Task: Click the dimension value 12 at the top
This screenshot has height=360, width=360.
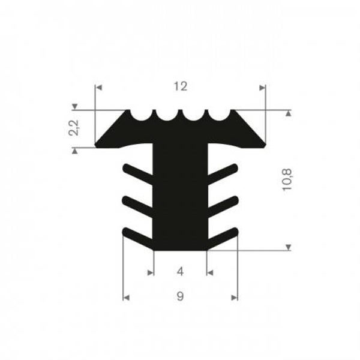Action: [x=180, y=87]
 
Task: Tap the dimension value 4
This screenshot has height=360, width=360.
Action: [x=180, y=272]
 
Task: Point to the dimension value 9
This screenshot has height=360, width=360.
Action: [x=180, y=296]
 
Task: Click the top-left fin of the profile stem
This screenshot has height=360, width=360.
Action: [x=138, y=172]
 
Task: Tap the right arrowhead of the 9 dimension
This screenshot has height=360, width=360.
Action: [x=234, y=296]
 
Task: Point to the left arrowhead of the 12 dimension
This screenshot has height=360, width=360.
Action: [x=100, y=88]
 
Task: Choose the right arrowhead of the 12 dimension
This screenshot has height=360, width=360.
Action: [x=261, y=88]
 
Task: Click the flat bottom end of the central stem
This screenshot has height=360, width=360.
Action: [x=180, y=247]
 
